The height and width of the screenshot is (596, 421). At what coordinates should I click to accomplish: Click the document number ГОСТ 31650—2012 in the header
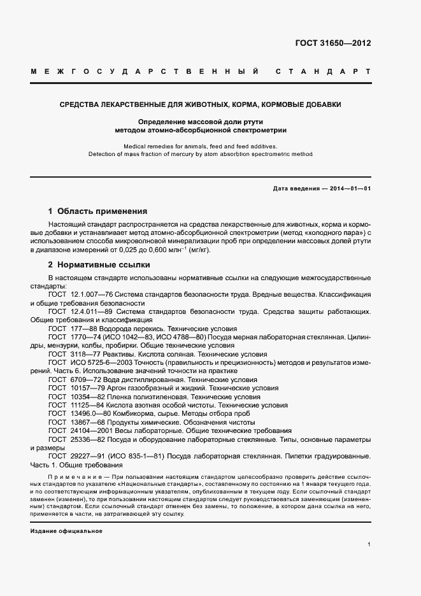coord(332,44)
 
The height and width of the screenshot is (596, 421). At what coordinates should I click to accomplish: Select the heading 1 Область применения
coord(97,211)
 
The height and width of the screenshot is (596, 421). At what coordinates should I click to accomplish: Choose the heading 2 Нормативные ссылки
coord(99,264)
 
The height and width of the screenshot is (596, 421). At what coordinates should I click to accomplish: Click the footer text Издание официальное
coord(66,530)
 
